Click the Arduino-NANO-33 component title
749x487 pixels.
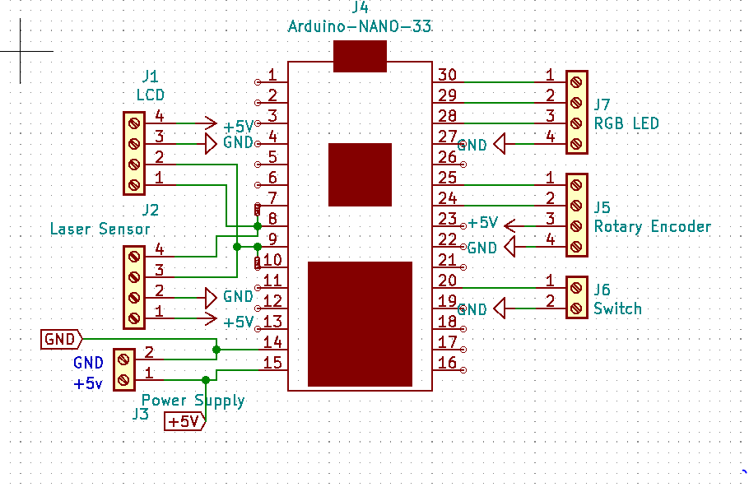[359, 26]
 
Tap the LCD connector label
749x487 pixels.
[151, 95]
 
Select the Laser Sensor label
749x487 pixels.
[100, 230]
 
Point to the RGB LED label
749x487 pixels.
[626, 123]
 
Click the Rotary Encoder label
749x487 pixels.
[652, 227]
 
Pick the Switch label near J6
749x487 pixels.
[617, 309]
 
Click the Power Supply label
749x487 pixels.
[193, 401]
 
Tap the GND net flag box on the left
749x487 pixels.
[61, 340]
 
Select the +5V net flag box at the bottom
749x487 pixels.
[185, 421]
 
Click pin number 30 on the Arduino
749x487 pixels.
[447, 75]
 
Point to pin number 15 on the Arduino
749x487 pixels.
[272, 363]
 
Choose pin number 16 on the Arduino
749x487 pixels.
[447, 363]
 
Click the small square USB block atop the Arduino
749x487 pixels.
[360, 56]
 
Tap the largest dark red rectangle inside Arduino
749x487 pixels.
[360, 324]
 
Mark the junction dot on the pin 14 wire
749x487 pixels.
[216, 350]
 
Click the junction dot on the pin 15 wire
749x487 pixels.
[206, 380]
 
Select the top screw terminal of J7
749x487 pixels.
[576, 82]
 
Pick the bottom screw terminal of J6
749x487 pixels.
[576, 308]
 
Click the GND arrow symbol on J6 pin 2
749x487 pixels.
[499, 308]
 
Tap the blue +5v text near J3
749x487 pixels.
[88, 383]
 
